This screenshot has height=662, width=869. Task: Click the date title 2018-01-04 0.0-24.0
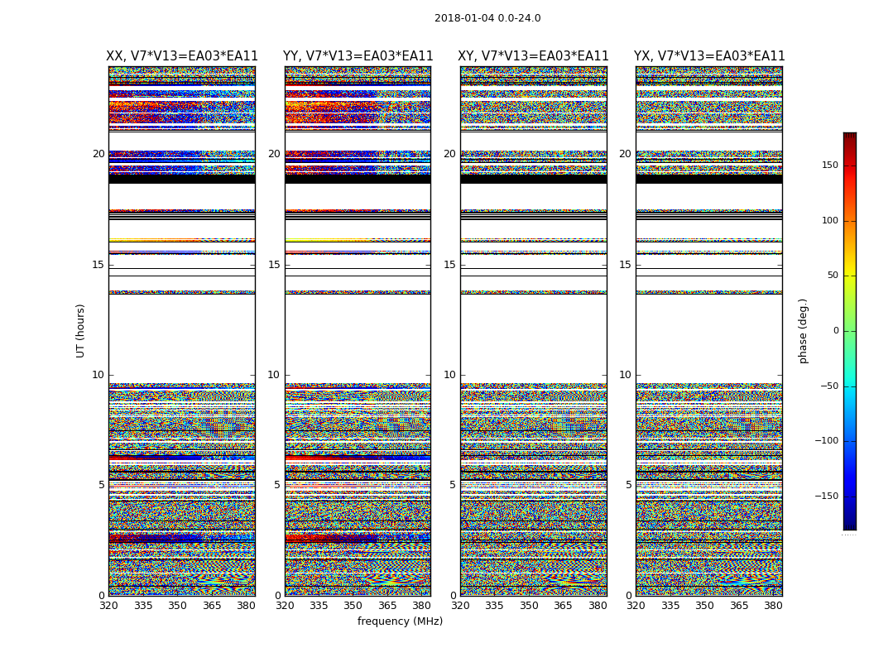[487, 18]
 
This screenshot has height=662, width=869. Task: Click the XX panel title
[182, 56]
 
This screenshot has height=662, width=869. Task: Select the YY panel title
[358, 56]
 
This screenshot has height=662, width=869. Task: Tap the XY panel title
[533, 56]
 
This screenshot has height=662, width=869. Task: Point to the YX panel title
[709, 56]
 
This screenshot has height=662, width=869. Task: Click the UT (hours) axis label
[81, 330]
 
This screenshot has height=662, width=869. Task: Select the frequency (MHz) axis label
[400, 621]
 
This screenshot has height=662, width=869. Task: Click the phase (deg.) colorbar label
[803, 330]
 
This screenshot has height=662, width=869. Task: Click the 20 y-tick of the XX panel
[98, 154]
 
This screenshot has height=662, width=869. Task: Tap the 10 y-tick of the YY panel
[274, 375]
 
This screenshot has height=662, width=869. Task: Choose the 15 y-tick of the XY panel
[449, 265]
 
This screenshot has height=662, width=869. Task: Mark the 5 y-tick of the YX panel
[628, 485]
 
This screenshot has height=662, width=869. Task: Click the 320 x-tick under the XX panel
[108, 606]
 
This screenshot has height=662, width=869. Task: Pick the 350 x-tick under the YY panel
[353, 606]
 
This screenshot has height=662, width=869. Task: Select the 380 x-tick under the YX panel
[773, 606]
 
